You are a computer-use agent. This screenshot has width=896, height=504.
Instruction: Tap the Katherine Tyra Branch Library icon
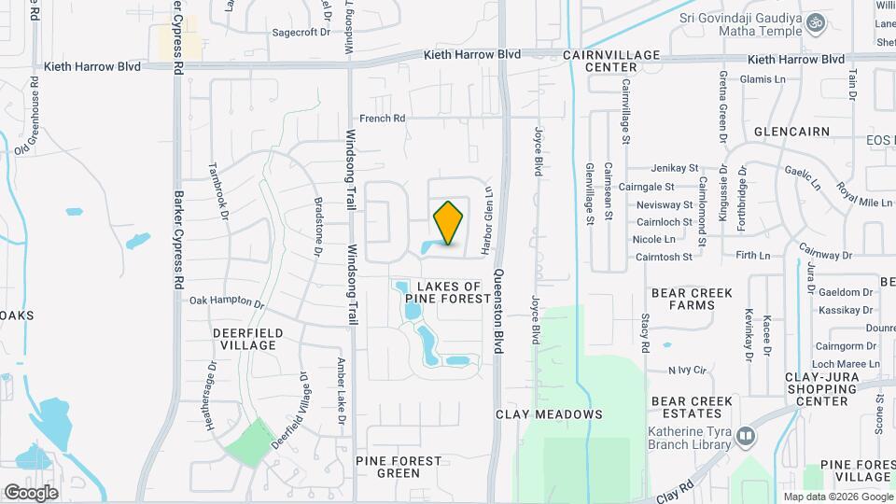point(745,436)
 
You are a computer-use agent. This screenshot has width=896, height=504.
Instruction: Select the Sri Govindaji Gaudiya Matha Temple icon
point(816,21)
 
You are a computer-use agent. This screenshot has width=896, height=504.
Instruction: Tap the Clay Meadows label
point(549,413)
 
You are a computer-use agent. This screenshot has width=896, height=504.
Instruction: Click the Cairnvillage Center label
point(611,62)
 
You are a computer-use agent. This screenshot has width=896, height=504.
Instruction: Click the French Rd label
point(383,119)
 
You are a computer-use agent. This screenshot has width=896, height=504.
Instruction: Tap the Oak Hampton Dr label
point(228,301)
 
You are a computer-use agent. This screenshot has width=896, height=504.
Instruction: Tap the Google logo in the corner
point(31,492)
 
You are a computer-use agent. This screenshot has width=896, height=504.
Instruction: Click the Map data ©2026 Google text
point(836,497)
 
